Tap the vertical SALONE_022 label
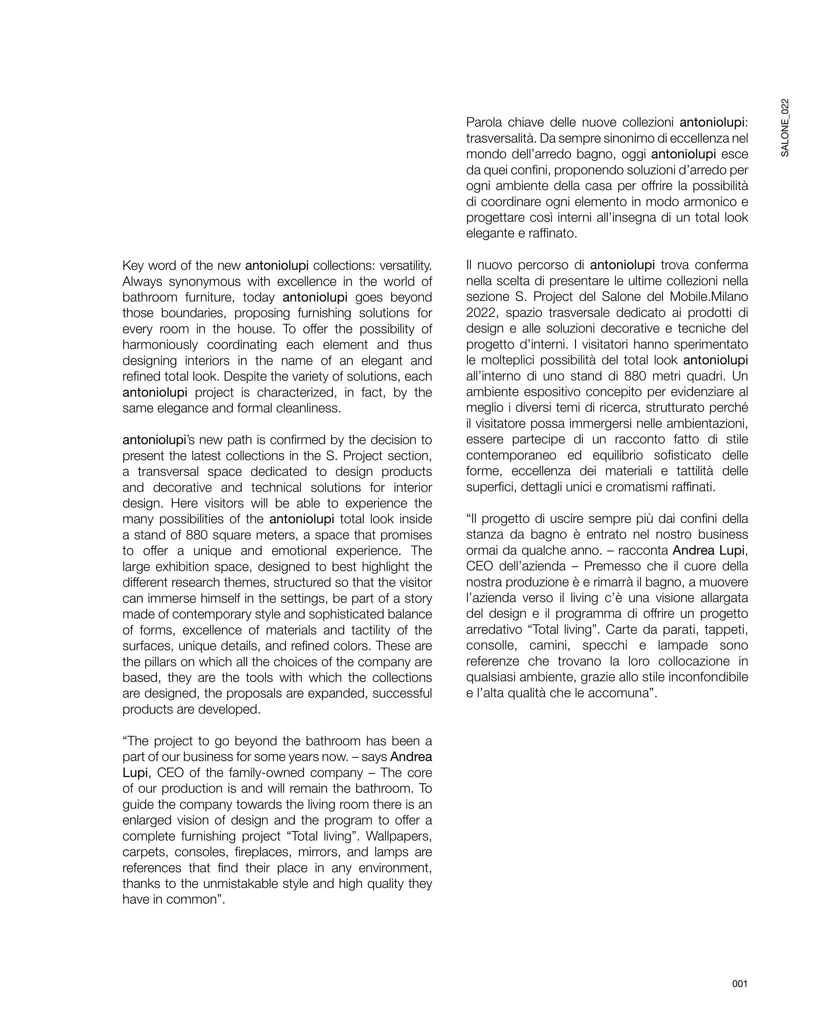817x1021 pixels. point(784,128)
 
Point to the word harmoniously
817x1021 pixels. point(159,345)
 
